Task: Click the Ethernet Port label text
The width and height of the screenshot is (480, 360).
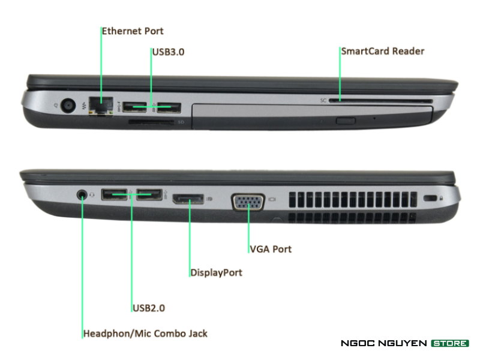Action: click(133, 31)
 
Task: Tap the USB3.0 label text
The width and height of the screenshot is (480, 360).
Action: click(169, 52)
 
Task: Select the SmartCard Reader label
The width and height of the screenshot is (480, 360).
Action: click(383, 51)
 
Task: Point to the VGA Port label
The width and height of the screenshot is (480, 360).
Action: click(271, 249)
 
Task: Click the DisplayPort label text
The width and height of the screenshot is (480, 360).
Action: click(216, 272)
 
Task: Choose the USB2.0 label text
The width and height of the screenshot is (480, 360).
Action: click(149, 308)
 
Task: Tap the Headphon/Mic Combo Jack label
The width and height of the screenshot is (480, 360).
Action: click(145, 334)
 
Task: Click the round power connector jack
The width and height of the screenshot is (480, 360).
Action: click(68, 106)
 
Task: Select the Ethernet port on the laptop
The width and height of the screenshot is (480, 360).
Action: click(101, 106)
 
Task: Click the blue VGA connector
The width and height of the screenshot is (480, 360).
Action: click(248, 202)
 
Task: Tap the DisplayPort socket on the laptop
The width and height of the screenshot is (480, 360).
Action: click(188, 199)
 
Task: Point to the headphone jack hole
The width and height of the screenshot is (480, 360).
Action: click(82, 194)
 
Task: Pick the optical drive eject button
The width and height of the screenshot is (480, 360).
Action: click(346, 121)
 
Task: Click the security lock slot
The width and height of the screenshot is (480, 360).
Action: click(430, 198)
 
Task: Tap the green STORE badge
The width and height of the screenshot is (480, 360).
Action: click(449, 343)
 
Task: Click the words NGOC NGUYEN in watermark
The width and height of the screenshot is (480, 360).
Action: click(383, 343)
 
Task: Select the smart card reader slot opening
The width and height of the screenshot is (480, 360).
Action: click(380, 101)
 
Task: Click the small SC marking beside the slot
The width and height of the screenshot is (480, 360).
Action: click(323, 100)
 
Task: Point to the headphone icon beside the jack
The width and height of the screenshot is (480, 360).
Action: click(92, 194)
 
